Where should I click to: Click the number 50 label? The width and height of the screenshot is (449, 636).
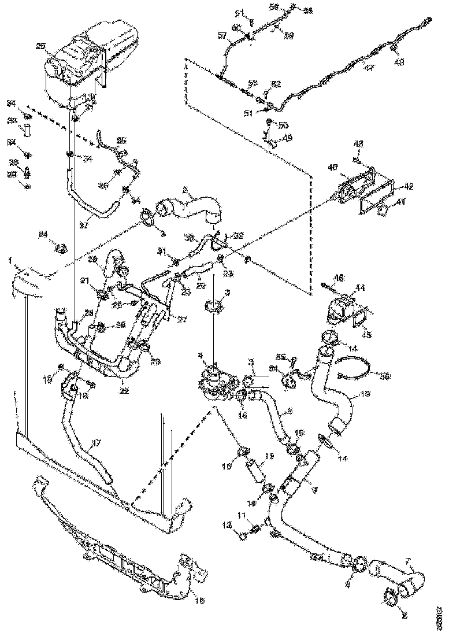click(283, 125)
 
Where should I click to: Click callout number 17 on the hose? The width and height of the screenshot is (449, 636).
click(97, 443)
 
